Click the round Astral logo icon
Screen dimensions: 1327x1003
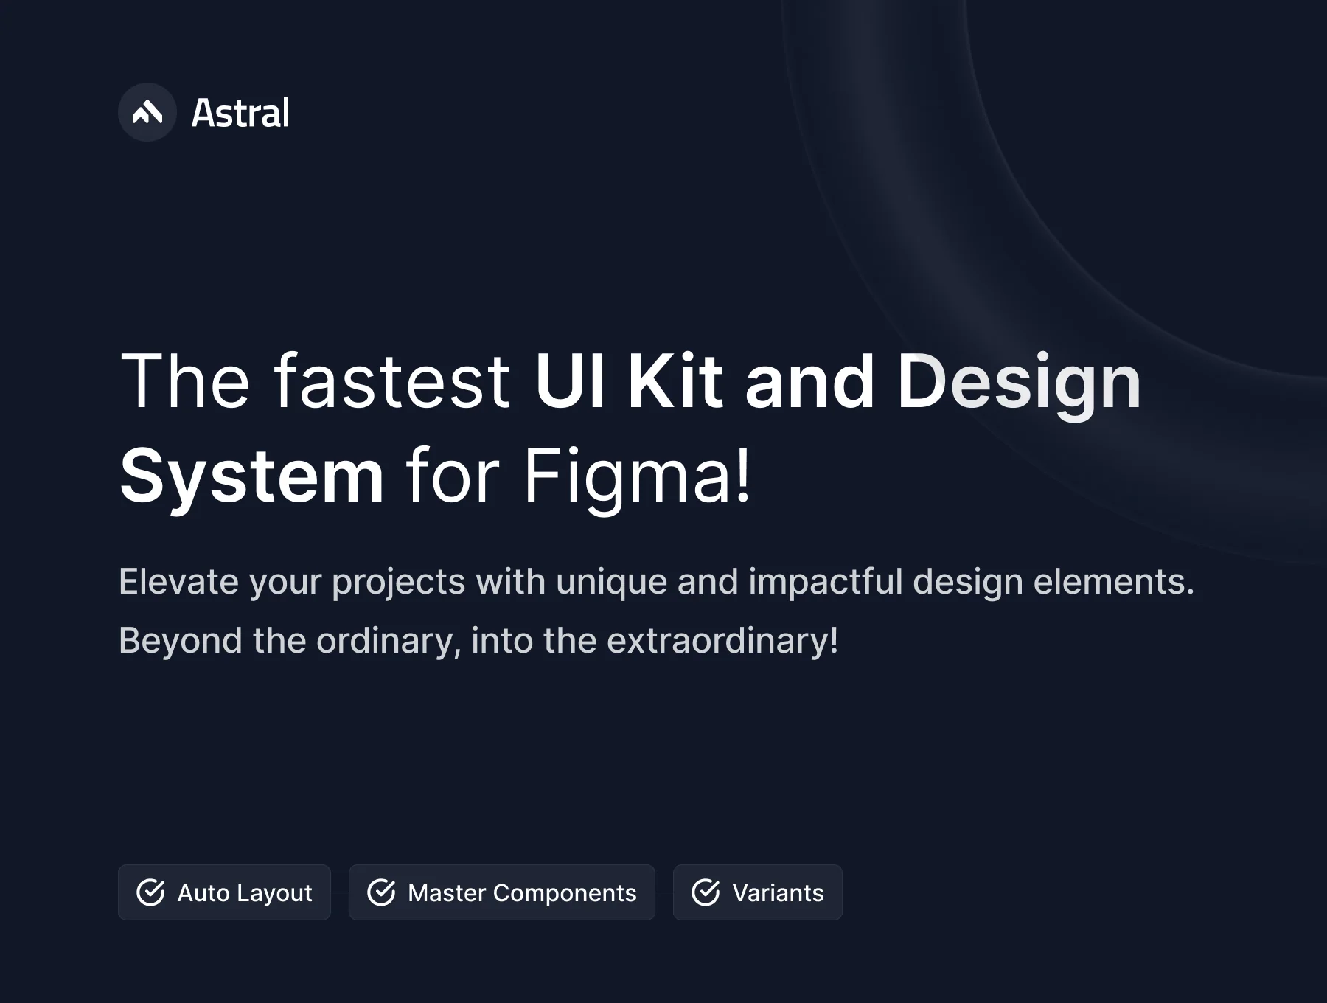tap(147, 112)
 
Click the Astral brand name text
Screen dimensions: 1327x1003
tap(240, 114)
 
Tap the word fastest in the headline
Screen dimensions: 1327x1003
tap(392, 381)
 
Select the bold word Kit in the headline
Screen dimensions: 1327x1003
tap(675, 381)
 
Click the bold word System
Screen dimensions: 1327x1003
tap(251, 477)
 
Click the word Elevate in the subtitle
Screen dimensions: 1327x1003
tap(179, 581)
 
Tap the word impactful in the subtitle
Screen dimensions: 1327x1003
tap(826, 583)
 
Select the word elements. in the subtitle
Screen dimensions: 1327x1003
tap(1113, 581)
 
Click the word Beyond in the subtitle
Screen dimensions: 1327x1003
tap(181, 641)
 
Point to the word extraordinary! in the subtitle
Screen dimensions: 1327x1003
tap(722, 640)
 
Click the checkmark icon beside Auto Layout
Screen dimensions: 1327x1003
tap(151, 892)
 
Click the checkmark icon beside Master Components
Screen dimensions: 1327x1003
tap(381, 892)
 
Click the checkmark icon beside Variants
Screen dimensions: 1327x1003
tap(706, 892)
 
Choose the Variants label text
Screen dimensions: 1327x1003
tap(778, 893)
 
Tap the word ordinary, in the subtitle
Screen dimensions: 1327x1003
tap(389, 641)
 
